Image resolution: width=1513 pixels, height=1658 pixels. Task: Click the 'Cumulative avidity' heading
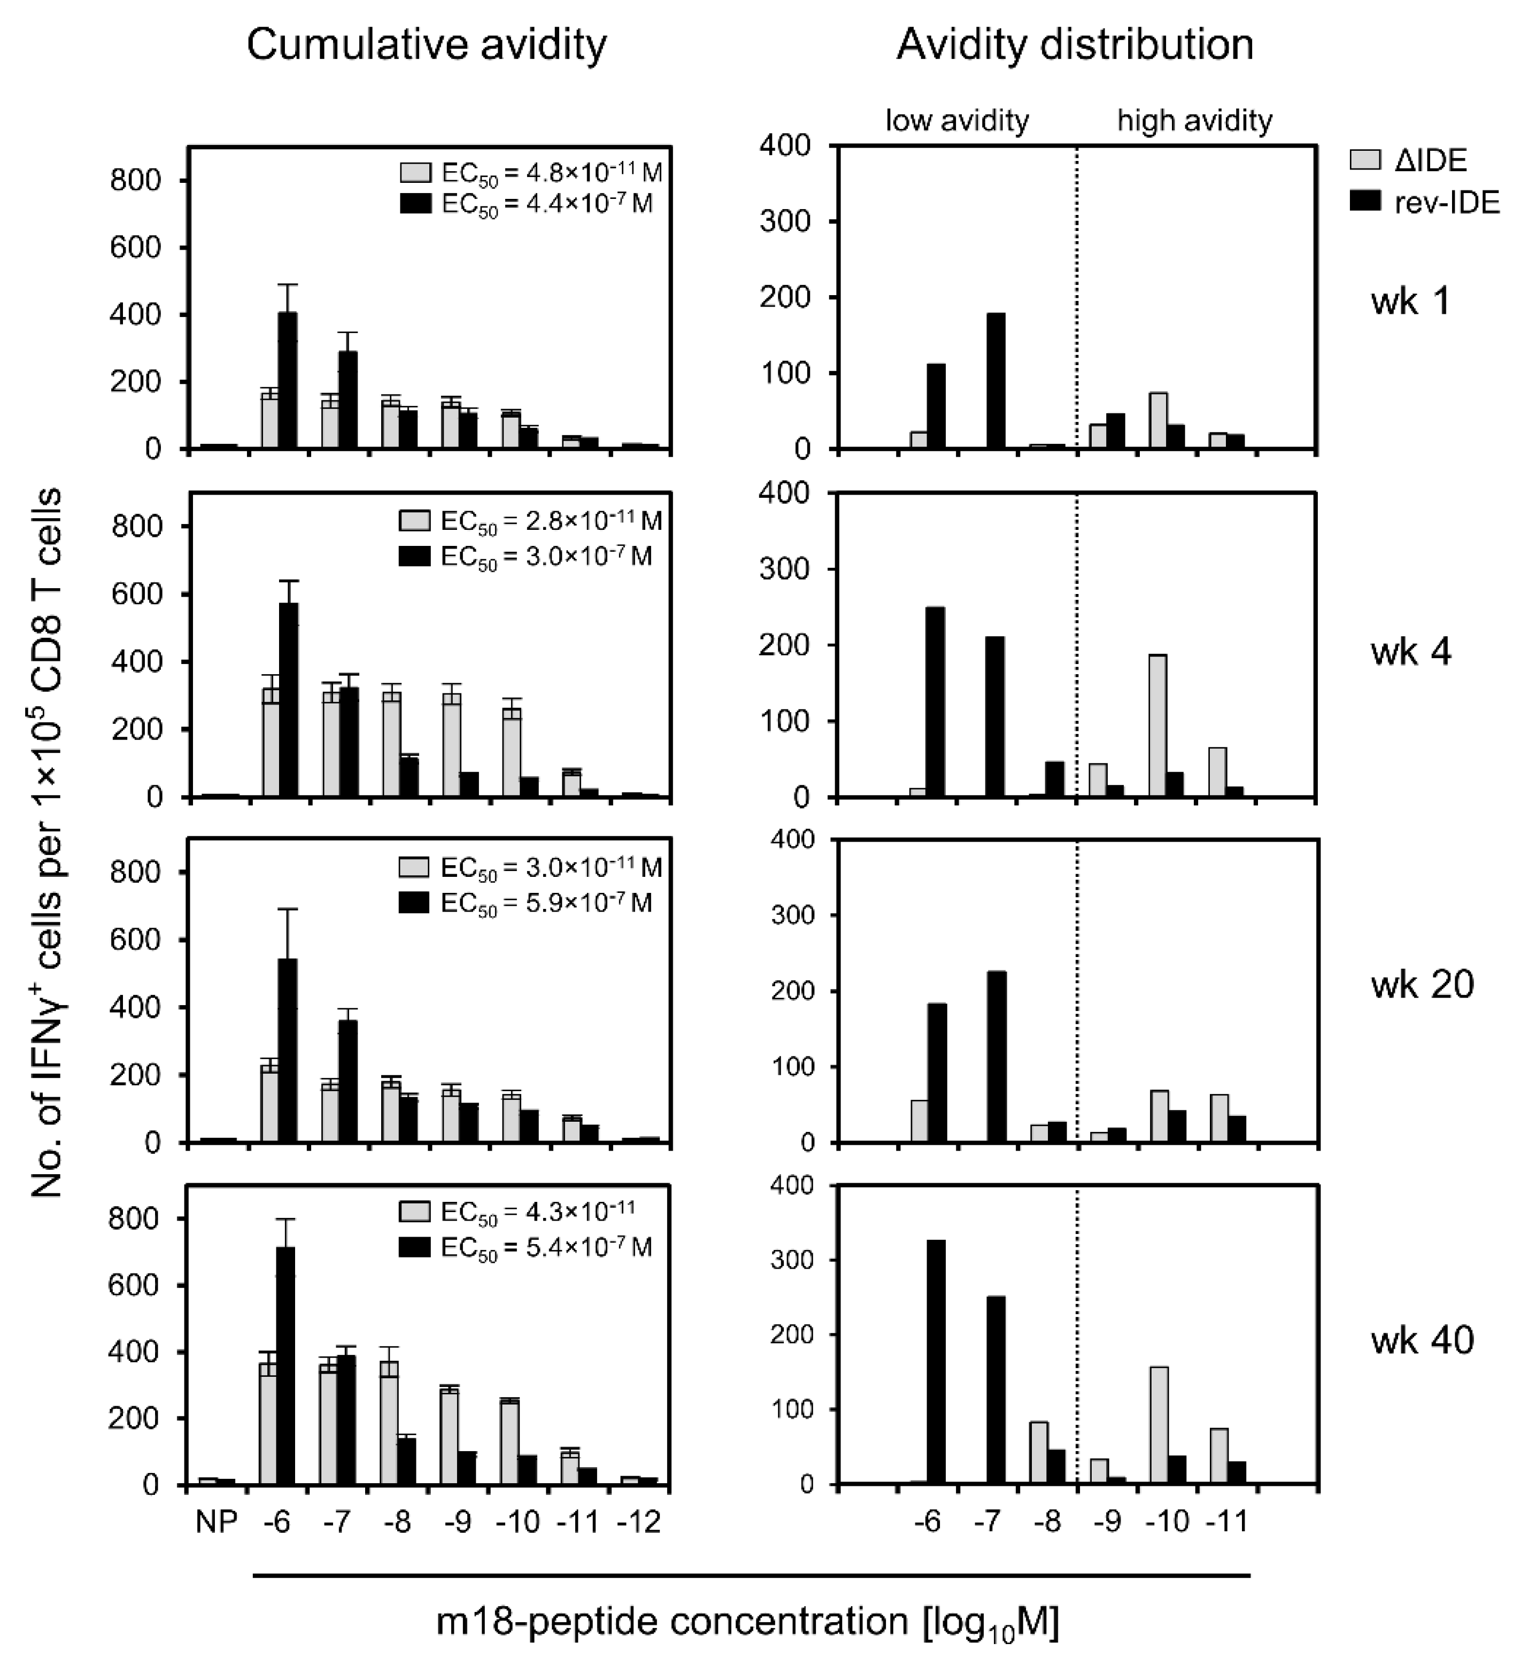tap(426, 45)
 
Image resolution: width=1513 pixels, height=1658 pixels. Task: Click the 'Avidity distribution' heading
tap(1075, 45)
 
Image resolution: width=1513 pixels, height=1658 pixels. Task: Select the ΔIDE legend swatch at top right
tap(1365, 159)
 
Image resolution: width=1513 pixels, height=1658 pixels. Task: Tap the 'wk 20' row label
tap(1422, 984)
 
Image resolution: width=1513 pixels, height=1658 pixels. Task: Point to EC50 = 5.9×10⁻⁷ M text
tap(546, 902)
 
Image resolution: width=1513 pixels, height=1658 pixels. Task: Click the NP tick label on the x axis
tap(217, 1522)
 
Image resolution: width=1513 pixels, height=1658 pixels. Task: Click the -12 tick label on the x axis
tap(638, 1522)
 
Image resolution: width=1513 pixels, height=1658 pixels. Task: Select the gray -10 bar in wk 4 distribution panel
tap(1157, 726)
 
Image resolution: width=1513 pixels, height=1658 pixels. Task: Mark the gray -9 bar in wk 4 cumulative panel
tap(451, 744)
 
